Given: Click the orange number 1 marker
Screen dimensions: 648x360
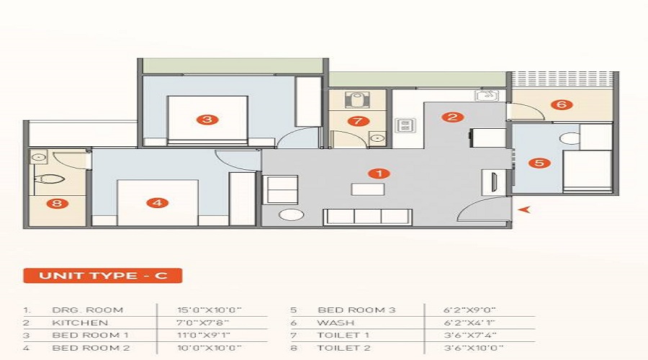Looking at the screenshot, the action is pos(379,174).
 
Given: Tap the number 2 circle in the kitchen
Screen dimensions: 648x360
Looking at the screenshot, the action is pos(453,117).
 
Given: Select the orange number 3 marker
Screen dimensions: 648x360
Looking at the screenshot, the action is pos(207,120).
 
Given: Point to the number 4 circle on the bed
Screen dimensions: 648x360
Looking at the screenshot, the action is pos(158,202).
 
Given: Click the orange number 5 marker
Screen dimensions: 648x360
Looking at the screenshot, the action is pos(539,163).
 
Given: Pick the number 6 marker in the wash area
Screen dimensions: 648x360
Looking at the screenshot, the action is pos(562,104).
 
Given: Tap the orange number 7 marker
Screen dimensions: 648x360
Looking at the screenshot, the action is pos(358,121).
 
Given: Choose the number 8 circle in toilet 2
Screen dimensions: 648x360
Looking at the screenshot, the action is pos(57,203).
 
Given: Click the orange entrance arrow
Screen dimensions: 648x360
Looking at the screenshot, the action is pos(524,210).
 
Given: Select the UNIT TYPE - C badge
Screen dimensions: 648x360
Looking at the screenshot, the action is pos(103,276).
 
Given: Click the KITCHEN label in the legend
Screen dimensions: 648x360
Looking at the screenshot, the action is pos(80,323).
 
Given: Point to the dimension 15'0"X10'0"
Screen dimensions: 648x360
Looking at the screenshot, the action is pos(209,310).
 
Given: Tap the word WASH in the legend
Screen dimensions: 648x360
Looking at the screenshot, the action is pos(336,323).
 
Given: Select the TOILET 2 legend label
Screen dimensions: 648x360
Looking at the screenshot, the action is pos(343,348).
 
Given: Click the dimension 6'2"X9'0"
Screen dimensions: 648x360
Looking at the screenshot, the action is pos(469,310).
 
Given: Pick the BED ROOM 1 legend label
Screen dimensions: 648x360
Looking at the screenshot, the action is pos(91,336).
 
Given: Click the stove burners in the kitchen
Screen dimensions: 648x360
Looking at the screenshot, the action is pos(405,125).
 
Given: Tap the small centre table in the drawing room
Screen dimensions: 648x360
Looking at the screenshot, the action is pos(368,189).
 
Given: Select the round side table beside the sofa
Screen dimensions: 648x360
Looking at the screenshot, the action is pos(292,215).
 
